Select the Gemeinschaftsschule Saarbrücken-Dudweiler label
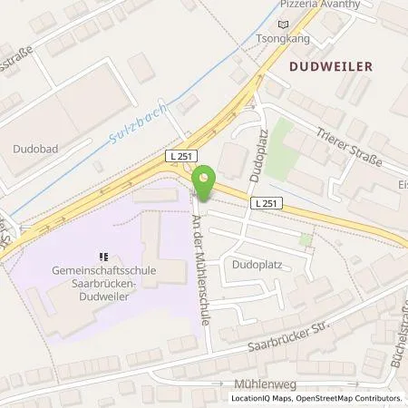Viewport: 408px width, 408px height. pos(104,271)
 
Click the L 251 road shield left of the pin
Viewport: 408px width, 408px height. pos(181,157)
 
